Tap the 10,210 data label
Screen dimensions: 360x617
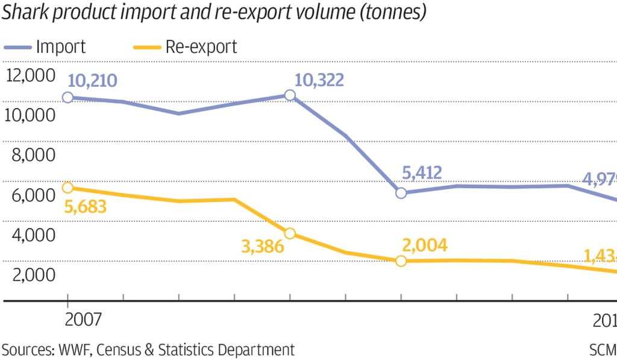(x=92, y=81)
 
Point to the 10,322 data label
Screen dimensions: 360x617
(x=319, y=80)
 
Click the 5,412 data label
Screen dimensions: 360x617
(x=422, y=173)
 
